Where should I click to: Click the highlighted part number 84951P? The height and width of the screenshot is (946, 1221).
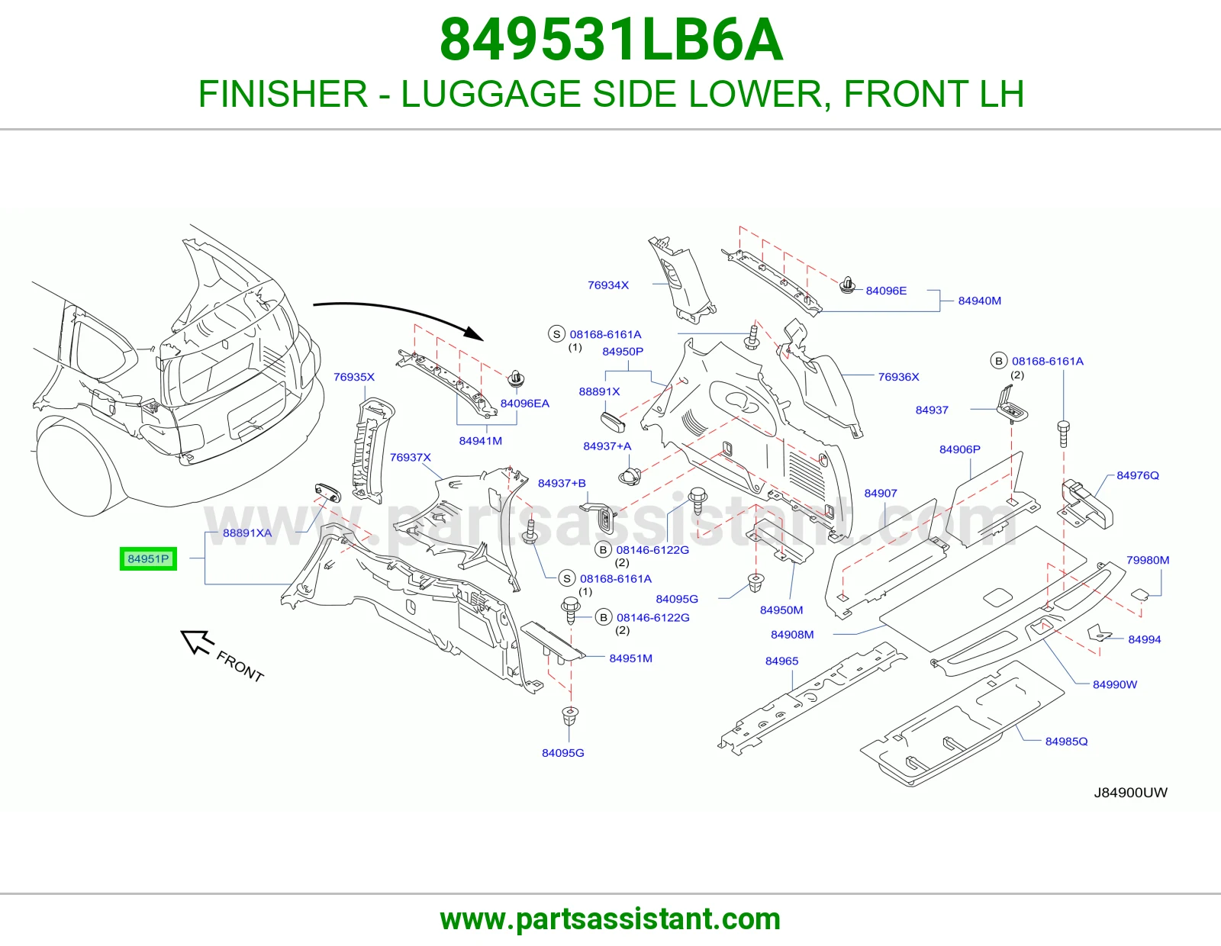148,558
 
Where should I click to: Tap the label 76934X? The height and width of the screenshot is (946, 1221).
608,285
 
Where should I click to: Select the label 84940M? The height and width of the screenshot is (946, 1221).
979,301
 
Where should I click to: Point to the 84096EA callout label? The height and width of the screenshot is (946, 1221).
525,404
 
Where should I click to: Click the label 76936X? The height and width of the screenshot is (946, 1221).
898,377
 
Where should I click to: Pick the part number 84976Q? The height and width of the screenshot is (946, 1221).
1137,475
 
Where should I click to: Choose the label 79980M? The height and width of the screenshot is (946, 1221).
1148,560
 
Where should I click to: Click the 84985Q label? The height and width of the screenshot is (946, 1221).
1066,742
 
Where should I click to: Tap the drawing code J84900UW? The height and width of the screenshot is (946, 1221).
1130,793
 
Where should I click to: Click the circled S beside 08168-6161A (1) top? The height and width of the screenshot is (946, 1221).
556,334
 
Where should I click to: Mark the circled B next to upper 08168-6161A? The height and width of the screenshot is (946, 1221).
998,361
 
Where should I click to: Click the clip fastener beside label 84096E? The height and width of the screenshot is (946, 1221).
847,285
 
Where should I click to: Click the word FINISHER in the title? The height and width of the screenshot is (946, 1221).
282,94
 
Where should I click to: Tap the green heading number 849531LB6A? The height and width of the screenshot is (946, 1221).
610,40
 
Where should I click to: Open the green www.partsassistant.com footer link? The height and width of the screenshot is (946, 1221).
610,919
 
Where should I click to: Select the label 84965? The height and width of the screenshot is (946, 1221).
781,661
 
